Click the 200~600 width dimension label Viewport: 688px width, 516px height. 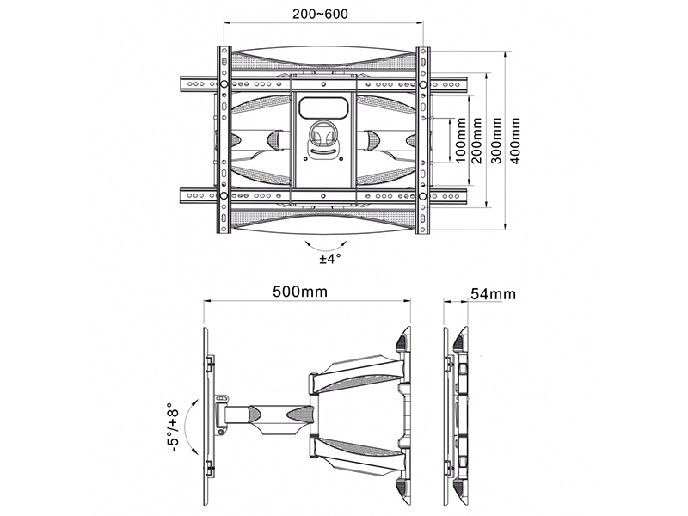(x=320, y=14)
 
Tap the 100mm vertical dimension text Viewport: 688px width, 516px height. (x=460, y=140)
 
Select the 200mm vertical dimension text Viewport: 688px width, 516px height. (x=477, y=140)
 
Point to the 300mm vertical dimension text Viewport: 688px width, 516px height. (x=496, y=140)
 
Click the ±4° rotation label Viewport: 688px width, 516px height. (x=330, y=259)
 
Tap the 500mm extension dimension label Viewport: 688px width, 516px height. (x=300, y=292)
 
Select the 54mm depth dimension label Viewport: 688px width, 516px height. (x=493, y=293)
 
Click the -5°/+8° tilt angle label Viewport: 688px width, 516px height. (x=174, y=428)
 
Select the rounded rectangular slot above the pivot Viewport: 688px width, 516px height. (x=322, y=107)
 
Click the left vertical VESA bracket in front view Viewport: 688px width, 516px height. (x=224, y=140)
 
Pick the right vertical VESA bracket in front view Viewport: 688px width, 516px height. (x=423, y=140)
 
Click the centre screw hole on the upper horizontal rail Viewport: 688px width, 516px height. (x=323, y=84)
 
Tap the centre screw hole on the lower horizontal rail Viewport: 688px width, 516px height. (x=323, y=196)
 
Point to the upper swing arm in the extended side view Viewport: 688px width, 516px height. (x=355, y=371)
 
